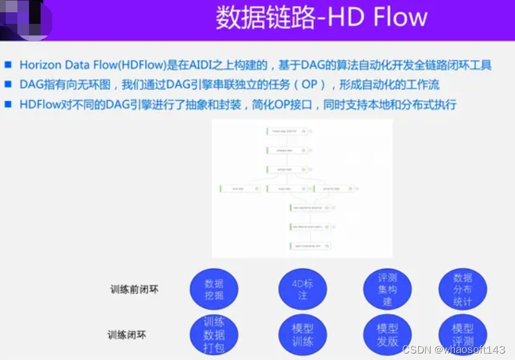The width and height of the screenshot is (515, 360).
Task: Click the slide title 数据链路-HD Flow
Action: [x=321, y=17]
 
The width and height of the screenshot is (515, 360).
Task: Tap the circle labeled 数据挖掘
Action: [x=214, y=289]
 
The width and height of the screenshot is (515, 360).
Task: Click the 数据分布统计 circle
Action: [x=463, y=289]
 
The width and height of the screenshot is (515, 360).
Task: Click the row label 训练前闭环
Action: [x=134, y=290]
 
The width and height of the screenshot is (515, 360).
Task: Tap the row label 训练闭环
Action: [x=127, y=335]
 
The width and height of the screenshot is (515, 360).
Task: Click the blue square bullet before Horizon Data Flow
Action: [x=8, y=65]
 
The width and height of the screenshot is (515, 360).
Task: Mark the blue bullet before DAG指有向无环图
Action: [x=8, y=84]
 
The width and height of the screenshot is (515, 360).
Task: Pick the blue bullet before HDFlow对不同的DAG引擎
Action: [x=8, y=103]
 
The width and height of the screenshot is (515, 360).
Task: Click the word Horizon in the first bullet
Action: [x=41, y=65]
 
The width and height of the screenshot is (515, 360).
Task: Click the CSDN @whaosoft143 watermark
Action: [x=453, y=349]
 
